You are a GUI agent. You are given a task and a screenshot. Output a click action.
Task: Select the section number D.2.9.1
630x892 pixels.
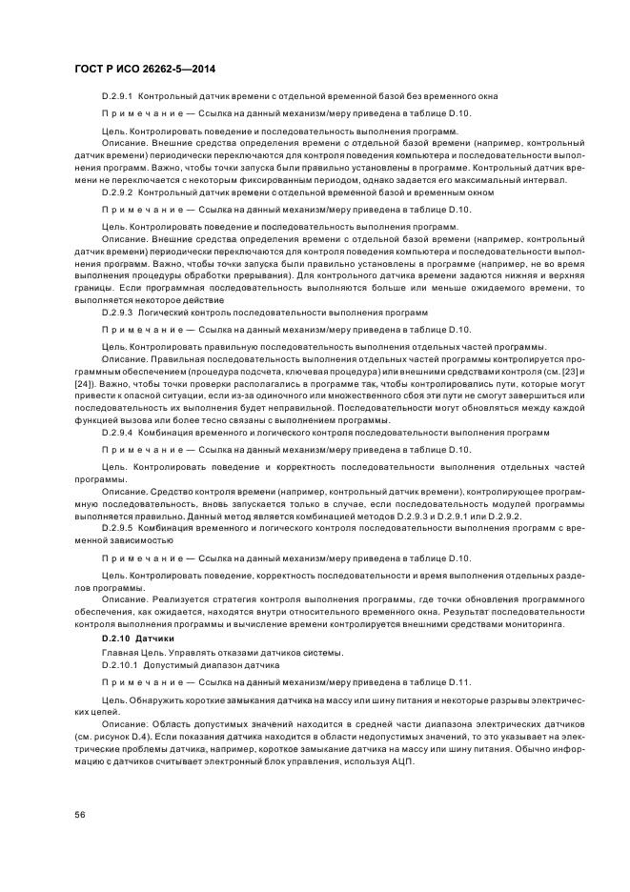(118, 97)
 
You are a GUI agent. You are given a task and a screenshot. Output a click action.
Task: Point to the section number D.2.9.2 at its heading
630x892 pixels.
(118, 192)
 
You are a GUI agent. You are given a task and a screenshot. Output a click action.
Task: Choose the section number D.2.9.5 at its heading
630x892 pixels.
(118, 526)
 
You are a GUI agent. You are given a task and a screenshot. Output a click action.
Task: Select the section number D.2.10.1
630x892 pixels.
(120, 663)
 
